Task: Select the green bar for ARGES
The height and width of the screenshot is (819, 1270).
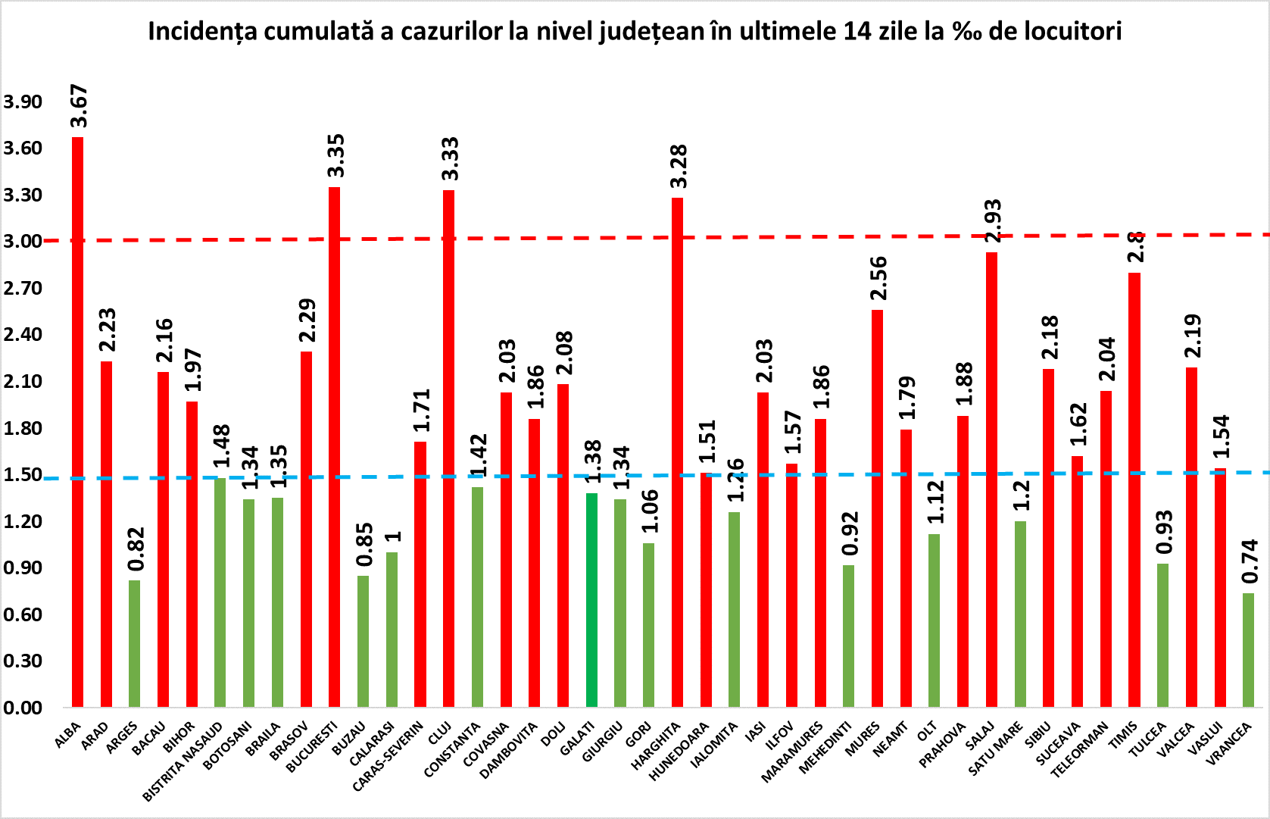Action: tap(134, 643)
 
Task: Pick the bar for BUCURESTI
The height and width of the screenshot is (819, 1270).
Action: tap(334, 447)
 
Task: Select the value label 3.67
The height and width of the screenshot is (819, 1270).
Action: tap(79, 107)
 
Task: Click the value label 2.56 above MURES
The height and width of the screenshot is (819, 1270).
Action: tap(878, 279)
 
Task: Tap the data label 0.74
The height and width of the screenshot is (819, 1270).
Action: tap(1250, 561)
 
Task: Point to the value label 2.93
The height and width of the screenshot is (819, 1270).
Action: tap(992, 220)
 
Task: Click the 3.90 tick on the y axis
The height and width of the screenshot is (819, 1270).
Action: tap(23, 102)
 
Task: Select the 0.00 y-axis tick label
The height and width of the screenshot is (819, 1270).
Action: tap(23, 708)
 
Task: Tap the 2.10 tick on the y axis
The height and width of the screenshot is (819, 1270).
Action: tap(23, 381)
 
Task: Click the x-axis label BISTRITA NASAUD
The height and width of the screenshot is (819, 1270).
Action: tap(183, 761)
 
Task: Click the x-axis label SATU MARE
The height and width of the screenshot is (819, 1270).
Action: tap(995, 749)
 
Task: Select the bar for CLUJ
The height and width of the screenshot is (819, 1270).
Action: tap(448, 448)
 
